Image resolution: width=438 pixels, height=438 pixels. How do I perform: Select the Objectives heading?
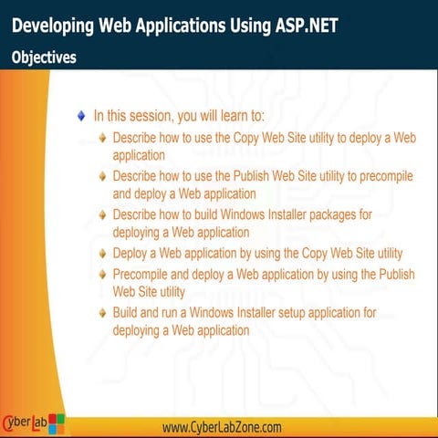pos(44,57)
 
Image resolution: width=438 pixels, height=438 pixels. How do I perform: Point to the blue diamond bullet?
pos(81,116)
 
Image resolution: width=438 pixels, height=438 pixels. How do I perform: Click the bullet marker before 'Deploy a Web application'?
pos(103,254)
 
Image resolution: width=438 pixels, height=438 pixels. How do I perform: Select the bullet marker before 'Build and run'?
pos(103,314)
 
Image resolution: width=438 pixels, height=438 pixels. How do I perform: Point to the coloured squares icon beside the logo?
pos(57,423)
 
